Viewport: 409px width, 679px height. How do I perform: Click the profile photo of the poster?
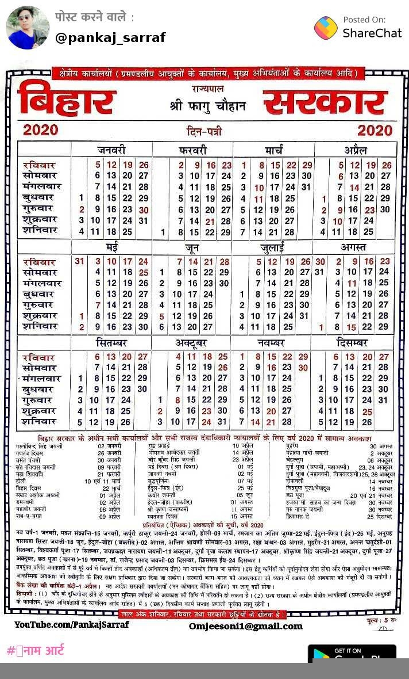[x=27, y=27]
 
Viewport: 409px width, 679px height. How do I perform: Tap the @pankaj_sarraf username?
[x=110, y=38]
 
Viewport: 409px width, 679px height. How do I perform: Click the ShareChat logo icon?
[x=326, y=28]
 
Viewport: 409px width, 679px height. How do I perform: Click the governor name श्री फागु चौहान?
[x=207, y=105]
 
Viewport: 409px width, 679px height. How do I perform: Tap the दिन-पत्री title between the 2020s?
[x=206, y=130]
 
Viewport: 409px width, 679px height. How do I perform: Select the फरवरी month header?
[x=192, y=151]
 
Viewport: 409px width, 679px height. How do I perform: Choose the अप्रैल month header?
[x=356, y=151]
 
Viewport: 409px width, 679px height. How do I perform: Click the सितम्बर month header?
[x=111, y=343]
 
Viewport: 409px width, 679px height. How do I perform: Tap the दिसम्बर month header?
[x=356, y=343]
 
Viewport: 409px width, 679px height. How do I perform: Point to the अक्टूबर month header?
[x=192, y=343]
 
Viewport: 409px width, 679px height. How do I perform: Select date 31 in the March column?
[x=306, y=187]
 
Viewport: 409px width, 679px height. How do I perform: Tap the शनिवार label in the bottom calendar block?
[x=40, y=422]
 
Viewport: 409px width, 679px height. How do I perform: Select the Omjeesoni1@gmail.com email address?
[x=245, y=626]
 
